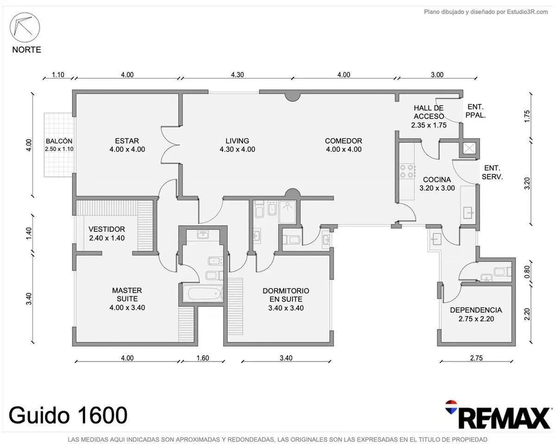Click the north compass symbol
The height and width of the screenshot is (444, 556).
coord(25,27)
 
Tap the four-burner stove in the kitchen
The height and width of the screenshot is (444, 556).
coord(407,171)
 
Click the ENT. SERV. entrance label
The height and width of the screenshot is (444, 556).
coord(492,172)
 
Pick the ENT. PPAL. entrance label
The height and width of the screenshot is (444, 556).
coord(475,111)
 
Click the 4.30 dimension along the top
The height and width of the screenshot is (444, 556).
coord(237,75)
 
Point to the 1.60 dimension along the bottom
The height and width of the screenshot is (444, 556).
coord(202,358)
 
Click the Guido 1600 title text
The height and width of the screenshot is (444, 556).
coord(68,415)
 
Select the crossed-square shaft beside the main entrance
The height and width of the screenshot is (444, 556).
coord(469,148)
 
